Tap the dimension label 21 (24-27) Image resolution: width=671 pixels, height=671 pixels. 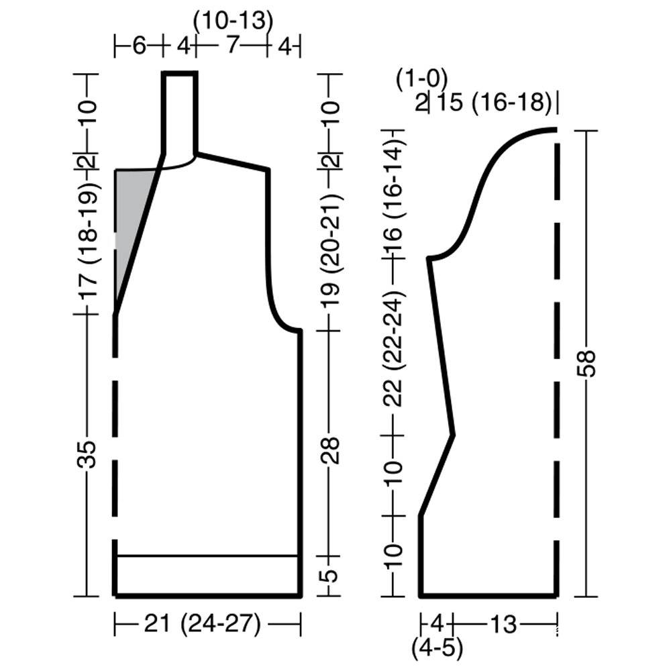(202, 624)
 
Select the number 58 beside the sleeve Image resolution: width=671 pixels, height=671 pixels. (588, 363)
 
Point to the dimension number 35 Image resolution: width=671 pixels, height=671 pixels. (87, 453)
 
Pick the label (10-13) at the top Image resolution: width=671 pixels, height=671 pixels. (234, 20)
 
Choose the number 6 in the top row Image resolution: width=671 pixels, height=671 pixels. (139, 46)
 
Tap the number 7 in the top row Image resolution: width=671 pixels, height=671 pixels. (231, 45)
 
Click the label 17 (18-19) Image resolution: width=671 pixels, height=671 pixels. (88, 240)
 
